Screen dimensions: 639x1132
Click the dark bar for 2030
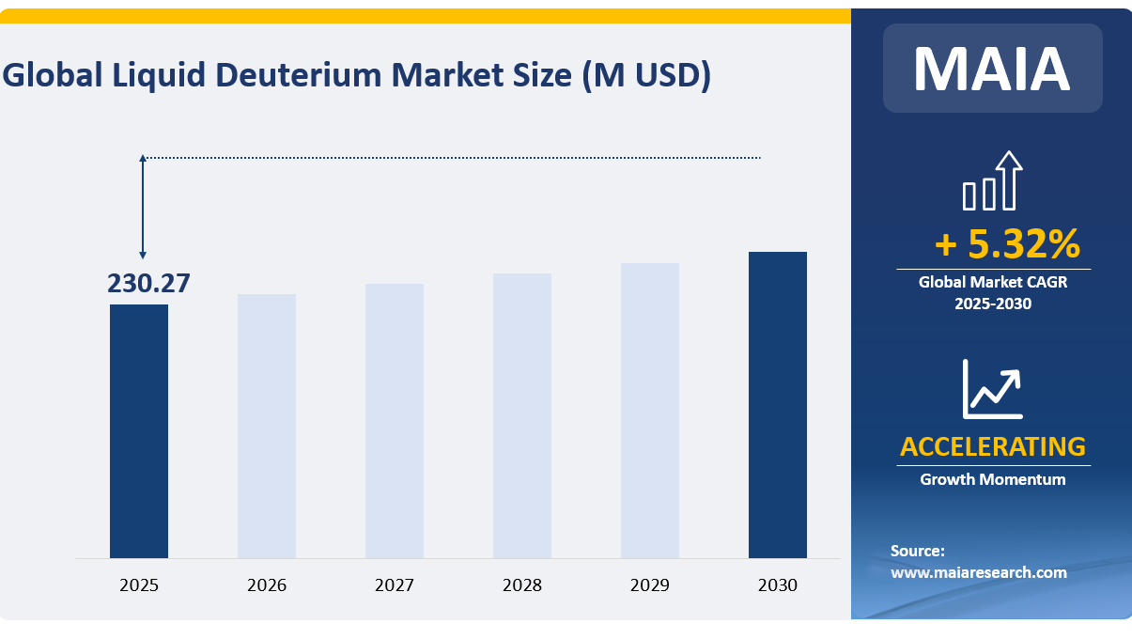point(778,404)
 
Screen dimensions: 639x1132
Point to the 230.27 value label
point(148,283)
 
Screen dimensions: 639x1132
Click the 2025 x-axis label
point(139,585)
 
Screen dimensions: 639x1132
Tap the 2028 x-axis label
point(522,585)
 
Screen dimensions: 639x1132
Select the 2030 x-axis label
point(778,585)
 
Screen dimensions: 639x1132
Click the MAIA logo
point(992,68)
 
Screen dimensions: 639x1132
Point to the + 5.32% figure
point(1007,244)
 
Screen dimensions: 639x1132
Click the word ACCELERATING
point(993,446)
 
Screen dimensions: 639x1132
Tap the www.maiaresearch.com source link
point(979,572)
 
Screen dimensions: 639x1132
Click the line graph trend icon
point(992,389)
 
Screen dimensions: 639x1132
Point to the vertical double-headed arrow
point(143,207)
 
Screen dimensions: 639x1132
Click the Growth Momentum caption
point(993,479)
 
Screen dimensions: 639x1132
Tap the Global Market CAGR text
point(993,281)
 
